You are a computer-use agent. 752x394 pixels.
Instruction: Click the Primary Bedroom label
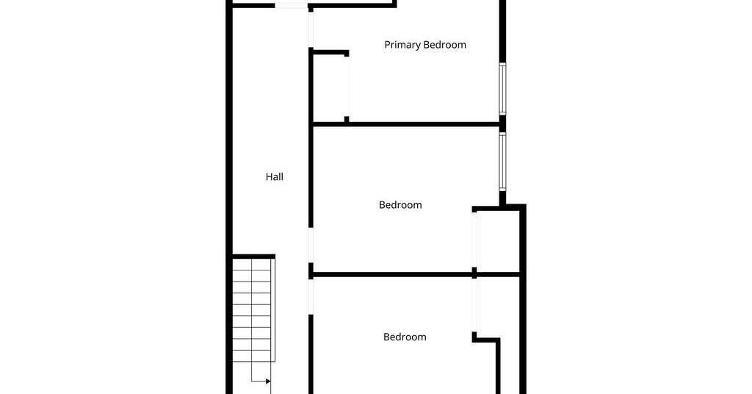[x=425, y=45]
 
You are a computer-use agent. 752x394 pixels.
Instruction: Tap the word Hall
[x=275, y=176]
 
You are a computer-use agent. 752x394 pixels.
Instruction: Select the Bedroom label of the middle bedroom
[x=400, y=205]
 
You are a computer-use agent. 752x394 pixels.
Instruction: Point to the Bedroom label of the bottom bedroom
[x=405, y=337]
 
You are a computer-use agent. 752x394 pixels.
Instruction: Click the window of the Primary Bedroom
[x=502, y=89]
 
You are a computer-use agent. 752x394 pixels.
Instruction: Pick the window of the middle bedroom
[x=502, y=162]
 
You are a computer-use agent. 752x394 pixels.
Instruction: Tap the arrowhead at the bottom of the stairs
[x=268, y=382]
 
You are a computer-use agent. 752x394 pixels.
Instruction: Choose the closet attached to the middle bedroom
[x=498, y=241]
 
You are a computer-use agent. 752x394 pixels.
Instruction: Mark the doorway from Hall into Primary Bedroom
[x=311, y=29]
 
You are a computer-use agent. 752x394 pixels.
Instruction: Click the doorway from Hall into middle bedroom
[x=311, y=246]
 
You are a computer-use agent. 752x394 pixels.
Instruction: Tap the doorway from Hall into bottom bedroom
[x=311, y=296]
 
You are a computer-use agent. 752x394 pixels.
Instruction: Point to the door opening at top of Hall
[x=291, y=6]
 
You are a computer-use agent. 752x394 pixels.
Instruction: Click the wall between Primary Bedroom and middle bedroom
[x=406, y=124]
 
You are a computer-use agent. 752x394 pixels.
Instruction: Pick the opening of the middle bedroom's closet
[x=474, y=240]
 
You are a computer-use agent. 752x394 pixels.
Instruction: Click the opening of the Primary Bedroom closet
[x=347, y=87]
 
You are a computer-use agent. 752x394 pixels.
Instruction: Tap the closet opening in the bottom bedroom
[x=474, y=305]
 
